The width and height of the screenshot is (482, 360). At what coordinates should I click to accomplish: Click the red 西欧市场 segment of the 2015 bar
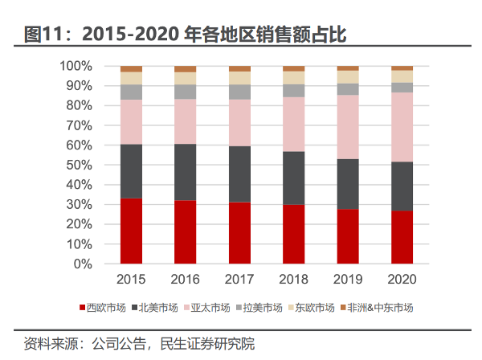pos(131,231)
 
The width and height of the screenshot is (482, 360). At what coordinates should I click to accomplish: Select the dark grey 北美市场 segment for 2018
pos(294,178)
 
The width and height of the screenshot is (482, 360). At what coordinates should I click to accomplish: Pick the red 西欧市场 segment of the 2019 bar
pos(348,236)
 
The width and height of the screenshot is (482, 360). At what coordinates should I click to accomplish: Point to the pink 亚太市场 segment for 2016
pos(185,121)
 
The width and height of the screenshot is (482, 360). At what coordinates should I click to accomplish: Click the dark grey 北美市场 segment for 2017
pos(239,174)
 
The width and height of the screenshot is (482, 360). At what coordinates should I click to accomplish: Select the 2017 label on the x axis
pos(239,279)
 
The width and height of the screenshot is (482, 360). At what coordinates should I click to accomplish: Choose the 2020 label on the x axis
pos(402,279)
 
